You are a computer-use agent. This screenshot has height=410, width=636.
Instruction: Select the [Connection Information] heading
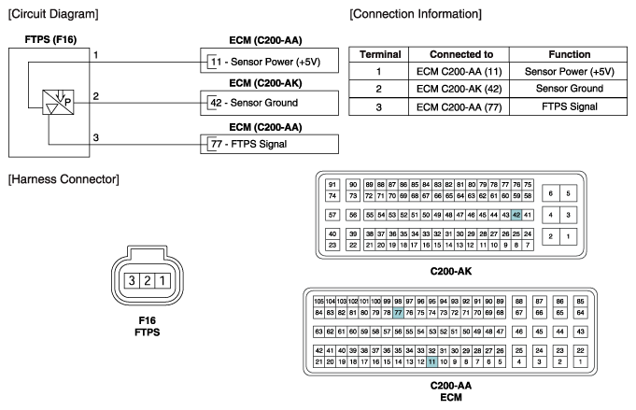click(415, 13)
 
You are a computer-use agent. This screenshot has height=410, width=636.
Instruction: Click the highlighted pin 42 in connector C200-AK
click(516, 215)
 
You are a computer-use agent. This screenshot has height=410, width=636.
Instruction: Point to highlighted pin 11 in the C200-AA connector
click(432, 361)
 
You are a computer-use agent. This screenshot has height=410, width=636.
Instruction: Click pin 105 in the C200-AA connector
click(318, 302)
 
